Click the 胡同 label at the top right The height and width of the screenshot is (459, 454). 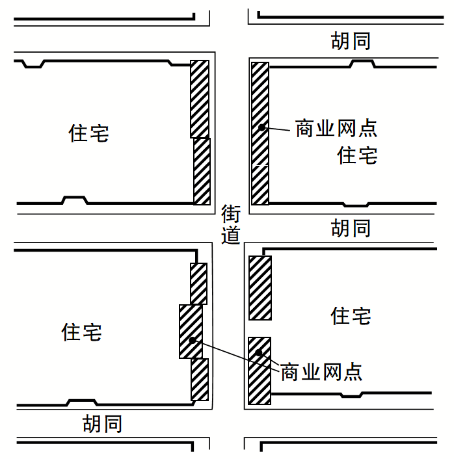[x=351, y=40]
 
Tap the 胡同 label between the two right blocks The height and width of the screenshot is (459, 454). [x=351, y=228]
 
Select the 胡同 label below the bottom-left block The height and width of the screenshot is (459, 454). [x=102, y=424]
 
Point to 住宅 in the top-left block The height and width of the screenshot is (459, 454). [x=89, y=133]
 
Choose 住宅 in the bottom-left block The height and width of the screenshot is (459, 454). [x=82, y=332]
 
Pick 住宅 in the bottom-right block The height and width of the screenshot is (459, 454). [x=351, y=316]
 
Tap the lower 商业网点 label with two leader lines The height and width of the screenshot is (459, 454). [x=321, y=373]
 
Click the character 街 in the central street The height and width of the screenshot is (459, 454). [x=231, y=213]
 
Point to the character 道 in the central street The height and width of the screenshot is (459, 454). [x=231, y=235]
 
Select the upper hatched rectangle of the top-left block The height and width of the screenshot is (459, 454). [x=200, y=99]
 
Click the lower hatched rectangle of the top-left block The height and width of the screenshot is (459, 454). [x=202, y=171]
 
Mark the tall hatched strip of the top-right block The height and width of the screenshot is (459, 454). [x=260, y=133]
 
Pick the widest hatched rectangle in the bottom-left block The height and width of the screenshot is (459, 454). [x=191, y=331]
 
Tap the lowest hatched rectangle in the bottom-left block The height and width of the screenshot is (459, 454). [x=199, y=379]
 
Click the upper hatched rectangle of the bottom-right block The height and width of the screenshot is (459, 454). [x=260, y=287]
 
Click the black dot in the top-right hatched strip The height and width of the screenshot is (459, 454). [x=261, y=127]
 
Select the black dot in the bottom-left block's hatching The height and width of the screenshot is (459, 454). [x=192, y=339]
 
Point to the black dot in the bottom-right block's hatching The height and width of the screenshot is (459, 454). [x=259, y=353]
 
